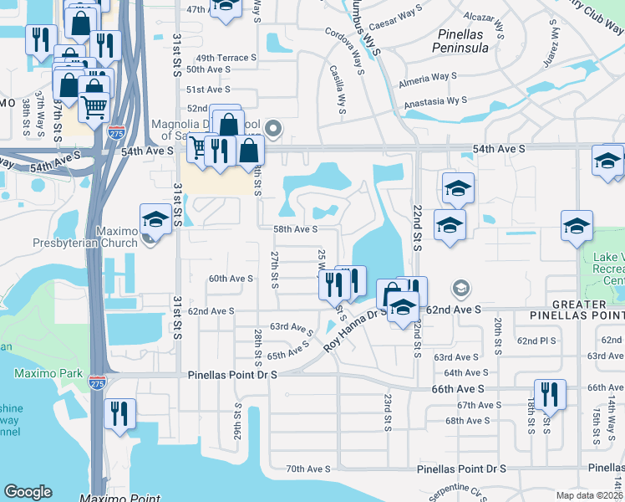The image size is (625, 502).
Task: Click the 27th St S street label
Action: click(x=274, y=269)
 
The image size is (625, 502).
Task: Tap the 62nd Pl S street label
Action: click(x=536, y=341)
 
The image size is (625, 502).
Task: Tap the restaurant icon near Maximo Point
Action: click(x=119, y=413)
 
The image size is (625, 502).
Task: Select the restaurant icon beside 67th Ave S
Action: click(x=550, y=394)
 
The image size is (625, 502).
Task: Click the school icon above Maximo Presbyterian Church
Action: click(x=155, y=219)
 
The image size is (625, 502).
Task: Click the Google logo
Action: click(x=28, y=492)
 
